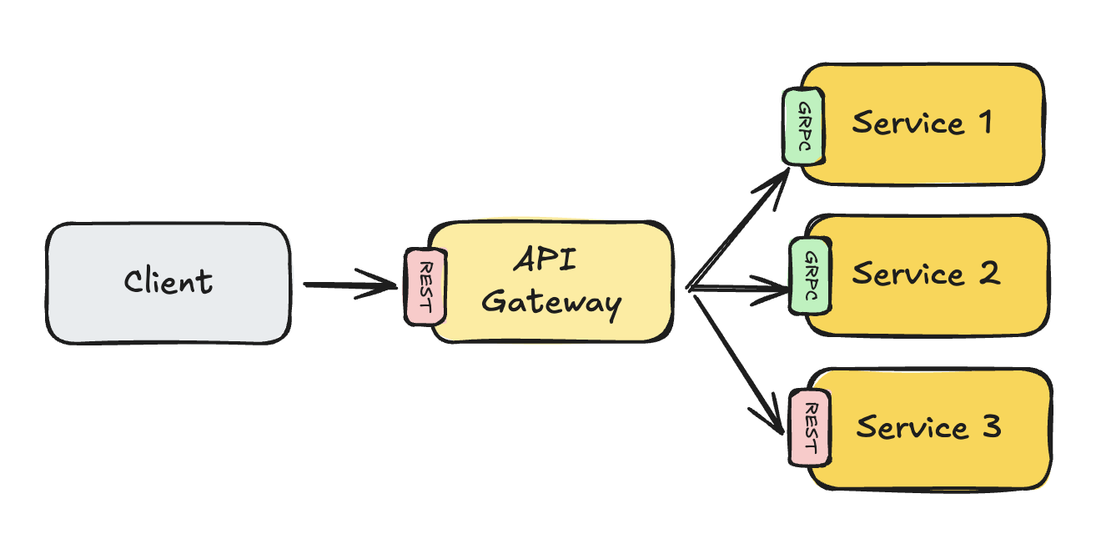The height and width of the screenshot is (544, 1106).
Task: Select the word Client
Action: point(168,281)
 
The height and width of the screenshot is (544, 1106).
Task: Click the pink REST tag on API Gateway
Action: point(424,286)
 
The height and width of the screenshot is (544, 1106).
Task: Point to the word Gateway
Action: point(551,302)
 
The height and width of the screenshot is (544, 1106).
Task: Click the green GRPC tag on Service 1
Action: point(803,126)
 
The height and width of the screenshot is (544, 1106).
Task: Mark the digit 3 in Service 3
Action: point(989,426)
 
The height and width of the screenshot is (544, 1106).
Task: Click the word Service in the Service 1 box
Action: point(908,124)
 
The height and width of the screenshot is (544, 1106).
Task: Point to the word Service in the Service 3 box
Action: point(912,427)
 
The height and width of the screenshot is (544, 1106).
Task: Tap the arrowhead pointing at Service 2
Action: point(780,292)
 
